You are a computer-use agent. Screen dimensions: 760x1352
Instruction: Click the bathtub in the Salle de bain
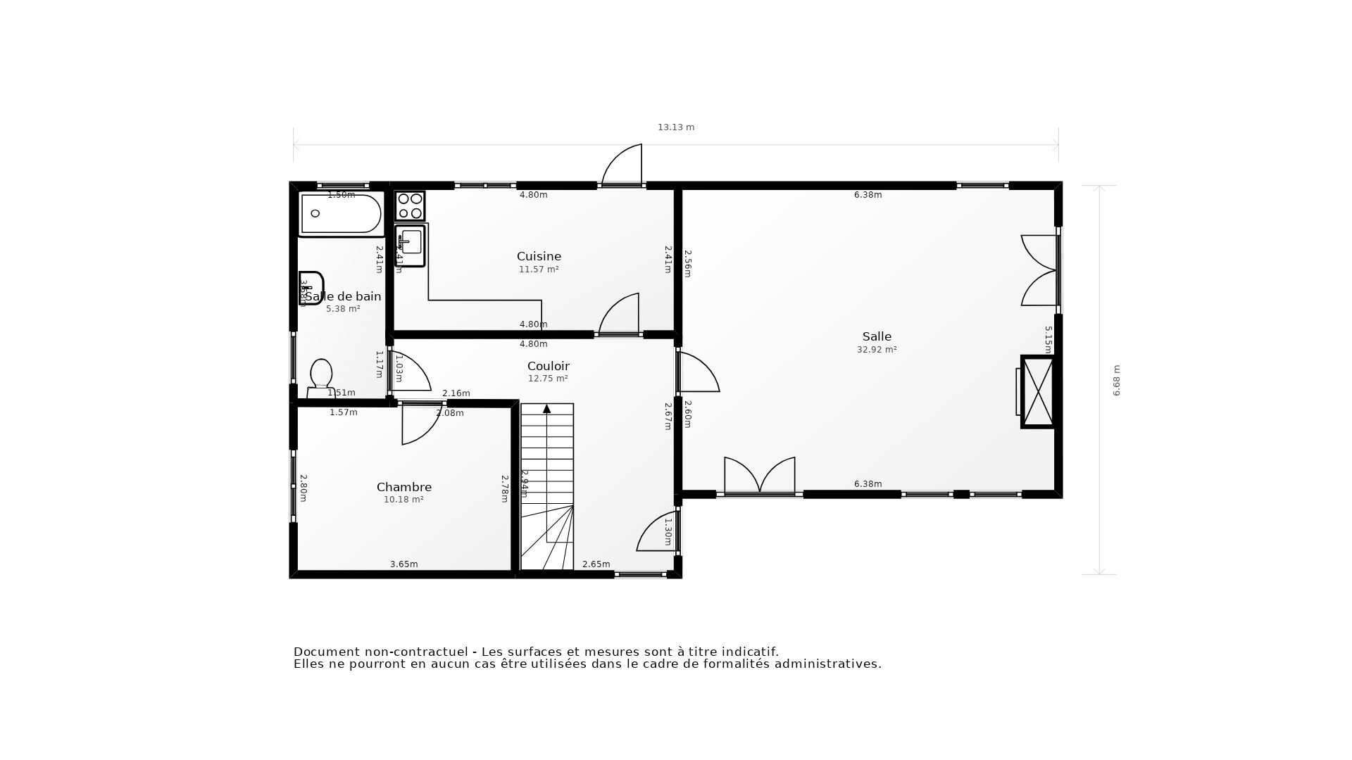point(341,213)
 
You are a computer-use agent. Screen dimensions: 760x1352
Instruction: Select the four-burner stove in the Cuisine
point(410,205)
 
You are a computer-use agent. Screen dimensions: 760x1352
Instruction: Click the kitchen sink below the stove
point(411,244)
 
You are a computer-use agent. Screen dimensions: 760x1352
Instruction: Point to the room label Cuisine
point(539,256)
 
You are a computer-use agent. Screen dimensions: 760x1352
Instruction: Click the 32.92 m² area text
point(876,350)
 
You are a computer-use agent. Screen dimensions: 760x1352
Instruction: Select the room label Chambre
point(403,487)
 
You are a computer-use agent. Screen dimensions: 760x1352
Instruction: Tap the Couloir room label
point(548,366)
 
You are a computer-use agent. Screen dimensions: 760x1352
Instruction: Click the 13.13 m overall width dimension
point(676,127)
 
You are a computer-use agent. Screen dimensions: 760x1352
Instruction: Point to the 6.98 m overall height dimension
point(1116,380)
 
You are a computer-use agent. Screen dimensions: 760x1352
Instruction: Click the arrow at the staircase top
point(546,409)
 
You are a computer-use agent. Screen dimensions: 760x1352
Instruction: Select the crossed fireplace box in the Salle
point(1037,392)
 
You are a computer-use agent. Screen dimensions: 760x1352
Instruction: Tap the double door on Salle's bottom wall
point(760,476)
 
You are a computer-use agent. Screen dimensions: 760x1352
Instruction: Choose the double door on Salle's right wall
point(1039,270)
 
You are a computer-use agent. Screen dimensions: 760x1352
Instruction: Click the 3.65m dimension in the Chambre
point(403,564)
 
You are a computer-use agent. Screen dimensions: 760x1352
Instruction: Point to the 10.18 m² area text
point(403,500)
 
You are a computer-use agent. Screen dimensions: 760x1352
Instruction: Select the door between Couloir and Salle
point(697,373)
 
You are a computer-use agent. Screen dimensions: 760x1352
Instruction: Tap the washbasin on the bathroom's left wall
point(310,287)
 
